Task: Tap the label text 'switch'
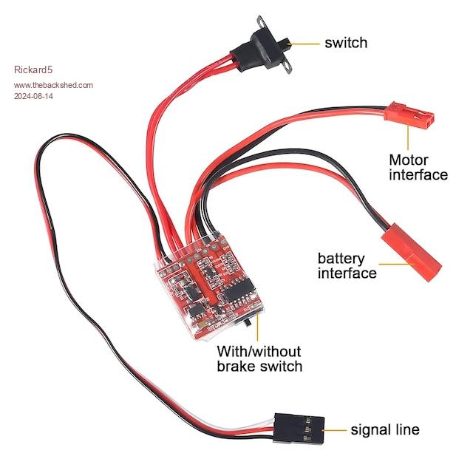click(x=345, y=43)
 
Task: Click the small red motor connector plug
click(x=408, y=117)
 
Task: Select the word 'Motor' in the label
click(x=409, y=160)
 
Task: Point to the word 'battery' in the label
click(x=341, y=259)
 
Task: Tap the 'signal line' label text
click(x=384, y=429)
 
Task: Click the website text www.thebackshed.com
click(x=53, y=85)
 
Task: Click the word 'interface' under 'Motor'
click(x=418, y=175)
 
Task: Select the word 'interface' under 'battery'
click(x=347, y=273)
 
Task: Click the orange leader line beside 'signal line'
click(x=336, y=429)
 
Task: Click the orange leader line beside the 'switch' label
click(x=305, y=43)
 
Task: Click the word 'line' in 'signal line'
click(x=405, y=429)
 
